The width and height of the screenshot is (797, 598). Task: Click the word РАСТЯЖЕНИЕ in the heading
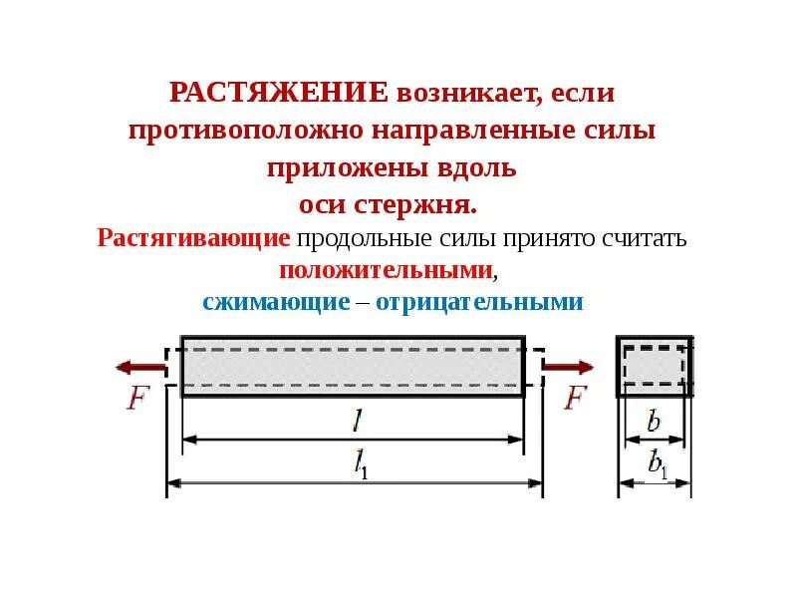click(279, 94)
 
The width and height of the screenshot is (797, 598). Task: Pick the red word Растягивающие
click(194, 239)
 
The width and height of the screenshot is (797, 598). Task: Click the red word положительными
click(386, 270)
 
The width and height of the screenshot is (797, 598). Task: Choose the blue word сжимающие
click(276, 302)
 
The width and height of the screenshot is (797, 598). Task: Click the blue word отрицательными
click(475, 302)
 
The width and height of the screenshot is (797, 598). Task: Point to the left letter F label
click(137, 399)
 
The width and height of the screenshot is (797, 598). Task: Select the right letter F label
click(577, 399)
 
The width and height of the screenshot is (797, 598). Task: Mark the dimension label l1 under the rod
click(359, 465)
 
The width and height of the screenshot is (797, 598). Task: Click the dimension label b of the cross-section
click(654, 422)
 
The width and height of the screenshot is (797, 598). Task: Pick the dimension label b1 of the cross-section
click(658, 464)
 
